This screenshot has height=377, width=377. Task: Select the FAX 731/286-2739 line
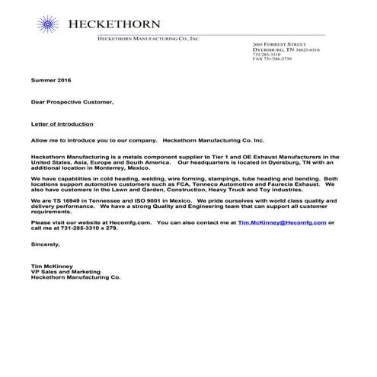[x=276, y=59]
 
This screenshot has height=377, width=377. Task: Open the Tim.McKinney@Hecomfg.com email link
[x=282, y=222]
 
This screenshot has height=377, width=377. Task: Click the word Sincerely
[x=44, y=245]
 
